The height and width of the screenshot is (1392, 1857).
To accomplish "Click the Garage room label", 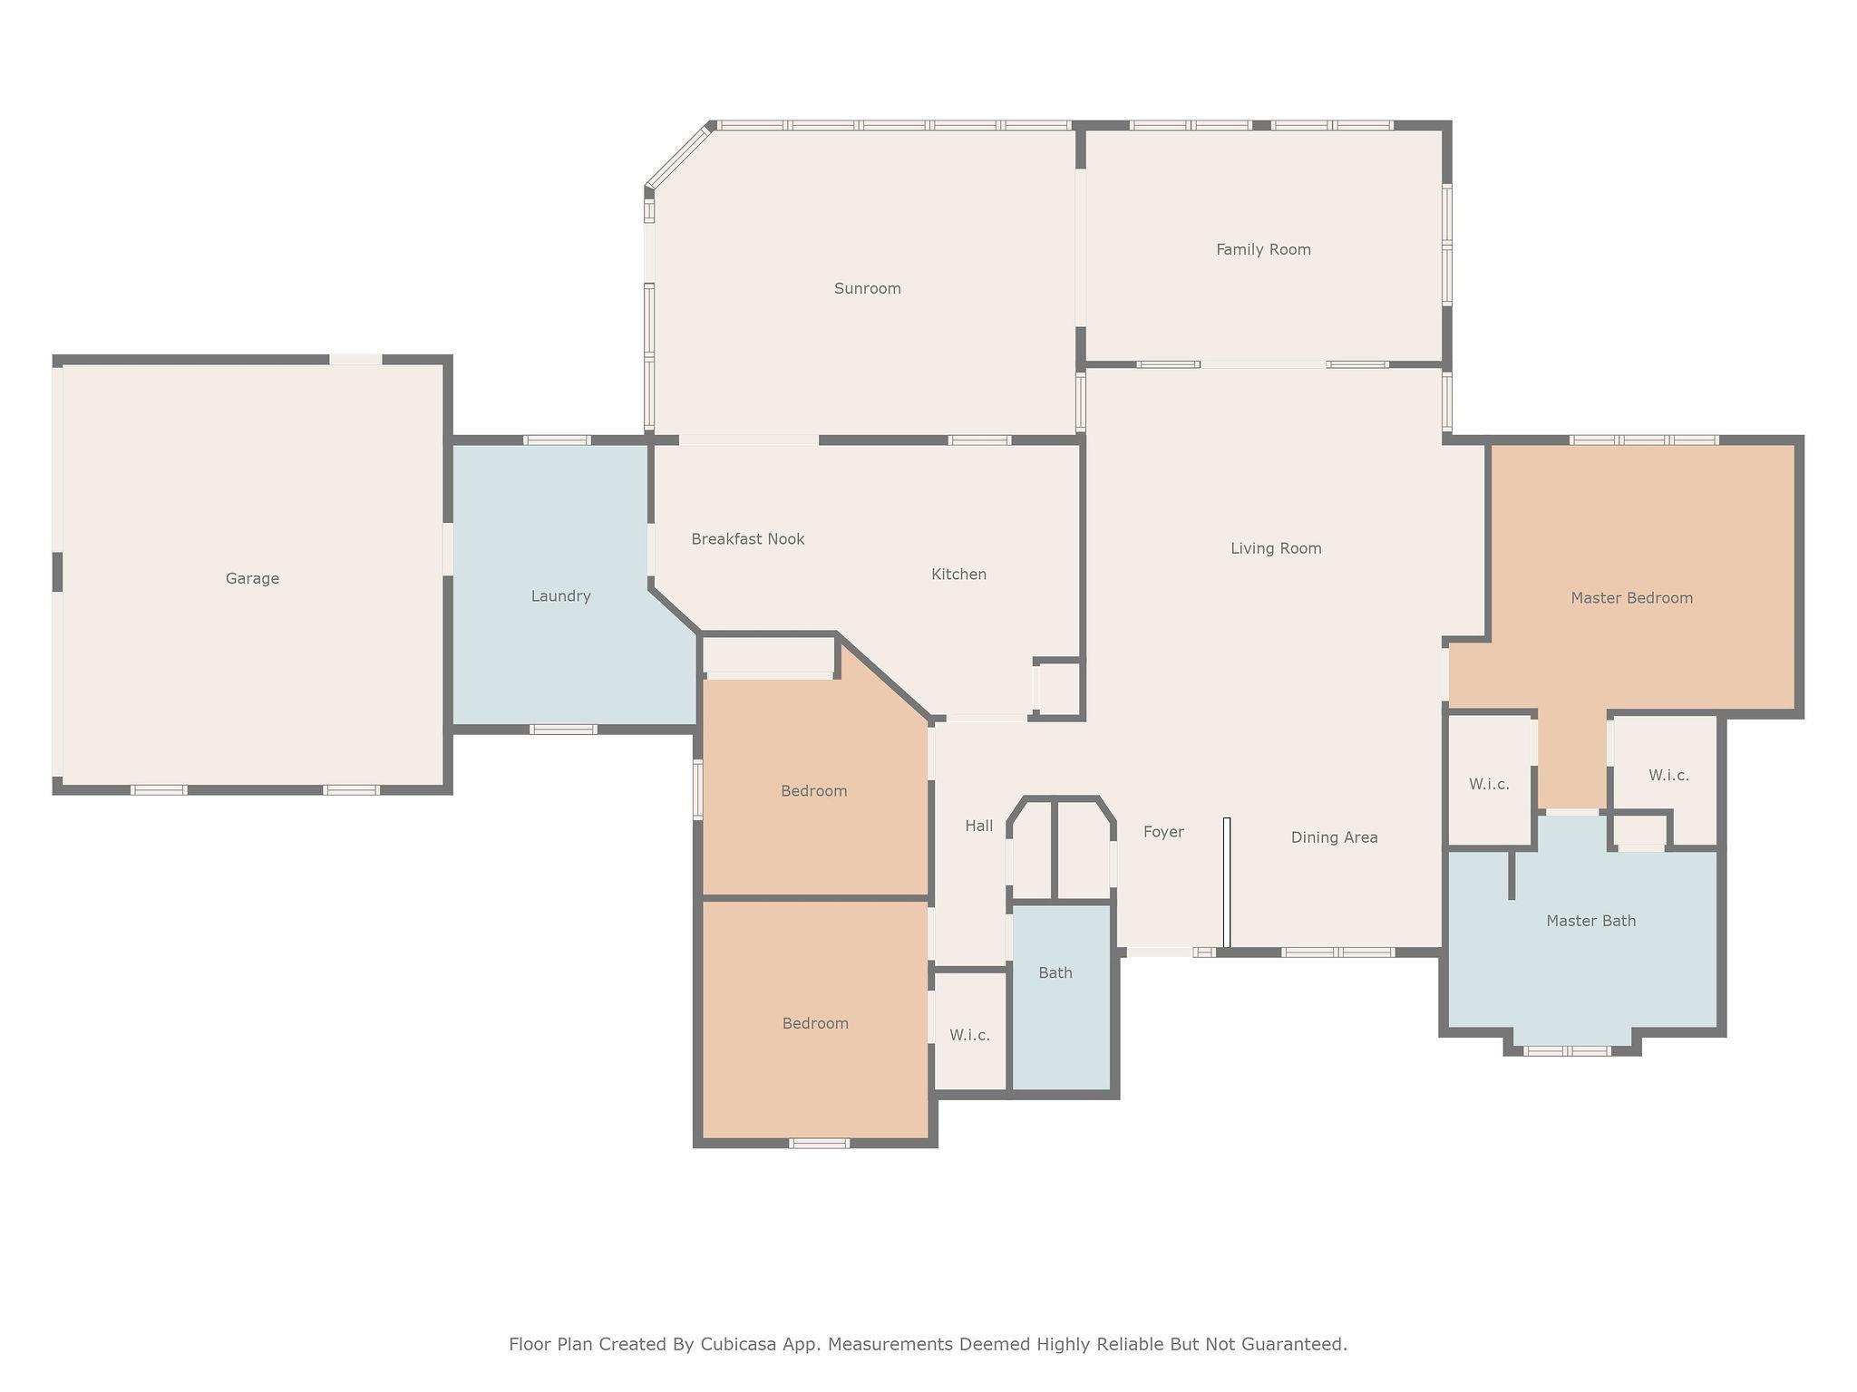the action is pyautogui.click(x=252, y=578).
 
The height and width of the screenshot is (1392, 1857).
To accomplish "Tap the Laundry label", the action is pyautogui.click(x=560, y=596).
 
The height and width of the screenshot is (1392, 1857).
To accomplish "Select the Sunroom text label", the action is pyautogui.click(x=868, y=288).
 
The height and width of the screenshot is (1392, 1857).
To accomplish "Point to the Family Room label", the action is pyautogui.click(x=1263, y=249).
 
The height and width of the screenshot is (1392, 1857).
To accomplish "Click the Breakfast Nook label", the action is pyautogui.click(x=748, y=539).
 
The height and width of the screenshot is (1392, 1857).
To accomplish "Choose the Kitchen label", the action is pyautogui.click(x=958, y=575).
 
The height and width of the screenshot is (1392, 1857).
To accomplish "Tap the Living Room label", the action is pyautogui.click(x=1276, y=548).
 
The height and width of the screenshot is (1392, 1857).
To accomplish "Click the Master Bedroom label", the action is pyautogui.click(x=1631, y=598).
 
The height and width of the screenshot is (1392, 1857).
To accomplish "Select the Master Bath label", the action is pyautogui.click(x=1590, y=921).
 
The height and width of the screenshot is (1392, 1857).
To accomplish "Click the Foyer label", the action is pyautogui.click(x=1163, y=832).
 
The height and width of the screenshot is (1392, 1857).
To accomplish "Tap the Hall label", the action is pyautogui.click(x=978, y=826).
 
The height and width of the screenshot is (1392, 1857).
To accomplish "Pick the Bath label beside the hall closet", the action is pyautogui.click(x=1055, y=973).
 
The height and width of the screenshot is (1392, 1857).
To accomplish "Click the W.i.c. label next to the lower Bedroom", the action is pyautogui.click(x=969, y=1035).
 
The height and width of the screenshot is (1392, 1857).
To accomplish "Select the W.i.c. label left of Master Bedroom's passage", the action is pyautogui.click(x=1489, y=784).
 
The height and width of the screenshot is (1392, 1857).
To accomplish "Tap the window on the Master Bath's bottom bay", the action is pyautogui.click(x=1567, y=1051).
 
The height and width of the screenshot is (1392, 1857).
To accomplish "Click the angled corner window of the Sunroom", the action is pyautogui.click(x=678, y=156).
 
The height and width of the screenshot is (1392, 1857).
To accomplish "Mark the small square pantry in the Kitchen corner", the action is pyautogui.click(x=1058, y=688).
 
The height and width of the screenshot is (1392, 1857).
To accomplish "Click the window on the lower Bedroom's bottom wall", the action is pyautogui.click(x=819, y=1144).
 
